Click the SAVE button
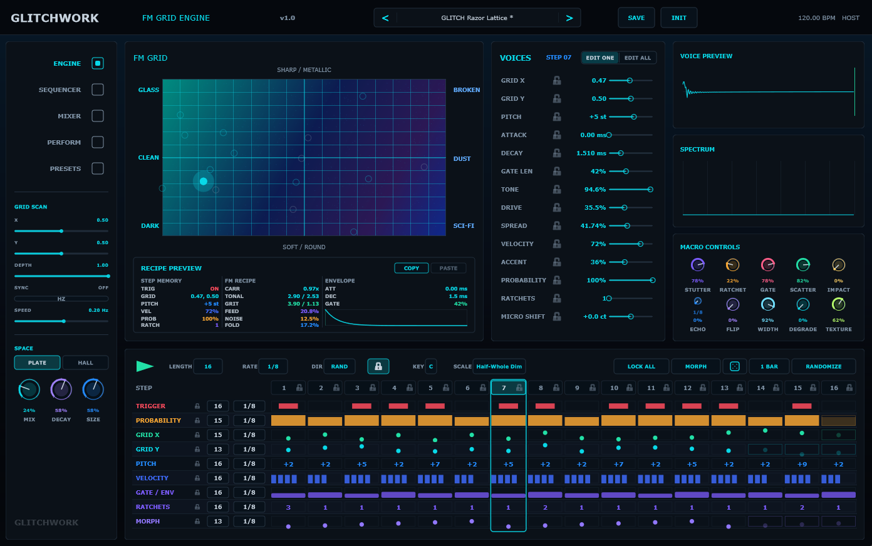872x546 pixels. click(636, 18)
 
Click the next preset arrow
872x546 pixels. click(569, 18)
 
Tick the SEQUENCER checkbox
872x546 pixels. click(97, 90)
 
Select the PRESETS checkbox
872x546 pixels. click(97, 168)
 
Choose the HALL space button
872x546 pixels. click(85, 363)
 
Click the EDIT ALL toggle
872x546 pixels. click(637, 58)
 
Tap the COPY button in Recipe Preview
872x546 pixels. click(412, 268)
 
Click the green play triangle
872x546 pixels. click(145, 366)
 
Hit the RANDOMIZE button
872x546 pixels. click(823, 366)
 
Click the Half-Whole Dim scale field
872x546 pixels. click(499, 366)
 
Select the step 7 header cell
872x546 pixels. click(508, 388)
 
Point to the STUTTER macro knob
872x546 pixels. click(697, 265)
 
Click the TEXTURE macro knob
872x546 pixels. click(838, 304)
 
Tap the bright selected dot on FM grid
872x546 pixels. click(203, 182)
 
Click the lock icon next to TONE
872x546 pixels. click(557, 190)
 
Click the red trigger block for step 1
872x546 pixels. click(288, 406)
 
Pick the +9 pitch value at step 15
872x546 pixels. click(802, 464)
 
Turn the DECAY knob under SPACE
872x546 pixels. click(61, 389)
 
